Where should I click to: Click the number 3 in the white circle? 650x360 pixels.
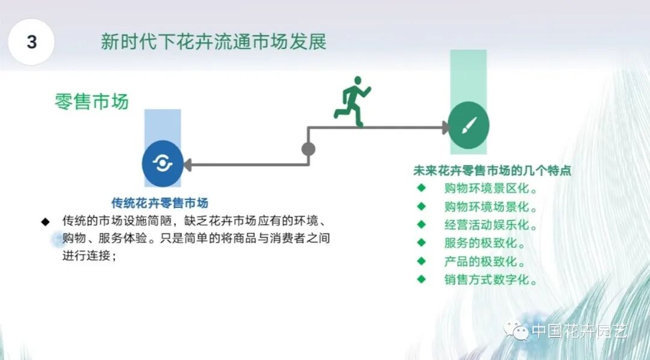point(32,42)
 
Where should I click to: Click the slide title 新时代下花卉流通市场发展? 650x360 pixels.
point(213,43)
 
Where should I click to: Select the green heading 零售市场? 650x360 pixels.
point(91,101)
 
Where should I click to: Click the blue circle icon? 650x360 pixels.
point(162,163)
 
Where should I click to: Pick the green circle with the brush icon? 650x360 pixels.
point(469,127)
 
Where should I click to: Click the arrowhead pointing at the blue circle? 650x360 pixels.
point(187,164)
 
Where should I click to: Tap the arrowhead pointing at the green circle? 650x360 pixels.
point(445,127)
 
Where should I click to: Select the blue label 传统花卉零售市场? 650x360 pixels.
point(164,203)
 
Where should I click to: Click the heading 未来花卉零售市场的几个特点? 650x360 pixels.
point(492,170)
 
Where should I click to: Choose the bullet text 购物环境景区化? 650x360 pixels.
point(491,188)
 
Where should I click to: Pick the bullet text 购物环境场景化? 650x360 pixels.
point(491,206)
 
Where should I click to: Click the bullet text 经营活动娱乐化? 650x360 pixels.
point(491,225)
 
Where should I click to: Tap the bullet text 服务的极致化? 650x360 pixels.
point(484,244)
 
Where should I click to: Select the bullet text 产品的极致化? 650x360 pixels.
point(484,262)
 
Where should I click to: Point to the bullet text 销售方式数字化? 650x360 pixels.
point(491,280)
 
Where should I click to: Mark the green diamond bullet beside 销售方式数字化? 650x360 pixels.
point(421,279)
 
